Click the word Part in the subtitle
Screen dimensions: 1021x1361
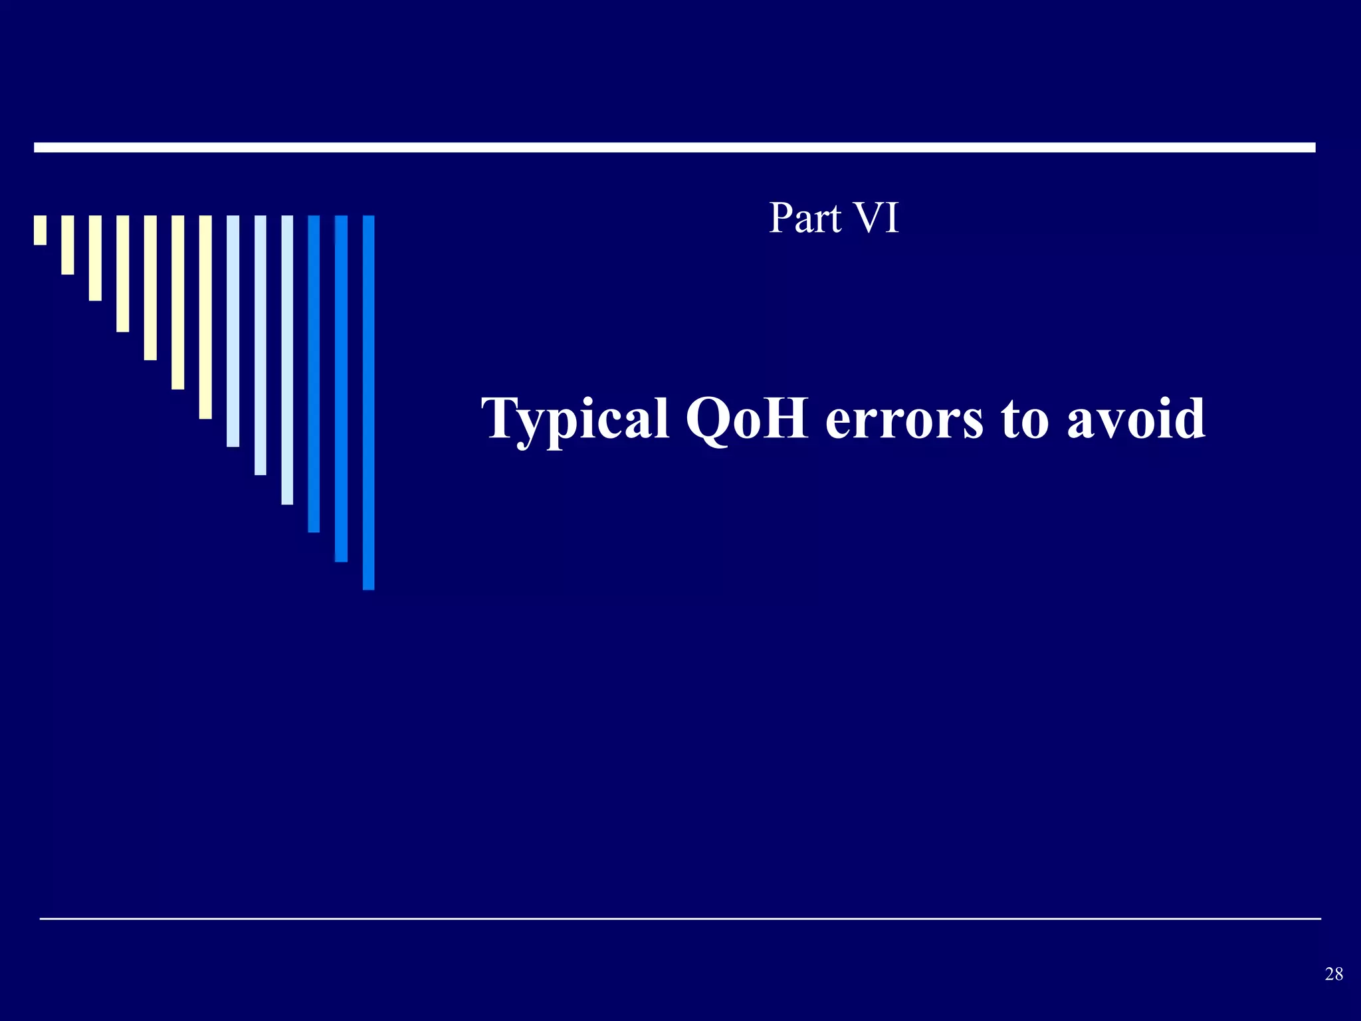click(805, 218)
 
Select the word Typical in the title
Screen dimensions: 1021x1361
click(576, 419)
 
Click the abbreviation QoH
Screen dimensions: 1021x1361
click(746, 419)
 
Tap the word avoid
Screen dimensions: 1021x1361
click(1136, 419)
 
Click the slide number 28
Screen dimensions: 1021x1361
click(1334, 974)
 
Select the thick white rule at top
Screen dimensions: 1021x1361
click(675, 148)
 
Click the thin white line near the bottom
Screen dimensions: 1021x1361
click(680, 919)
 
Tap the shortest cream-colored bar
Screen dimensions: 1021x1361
click(41, 230)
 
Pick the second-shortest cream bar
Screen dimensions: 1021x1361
click(68, 245)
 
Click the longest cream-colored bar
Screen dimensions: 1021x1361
click(205, 317)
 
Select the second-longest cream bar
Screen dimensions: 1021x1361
click(177, 302)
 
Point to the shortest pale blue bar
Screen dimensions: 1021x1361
click(233, 331)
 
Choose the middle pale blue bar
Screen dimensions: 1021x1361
click(261, 345)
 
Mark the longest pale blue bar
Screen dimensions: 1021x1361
click(287, 360)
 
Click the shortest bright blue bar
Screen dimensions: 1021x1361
click(314, 374)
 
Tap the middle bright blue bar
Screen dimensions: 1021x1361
click(341, 388)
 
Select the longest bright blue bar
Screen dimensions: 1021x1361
click(369, 402)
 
